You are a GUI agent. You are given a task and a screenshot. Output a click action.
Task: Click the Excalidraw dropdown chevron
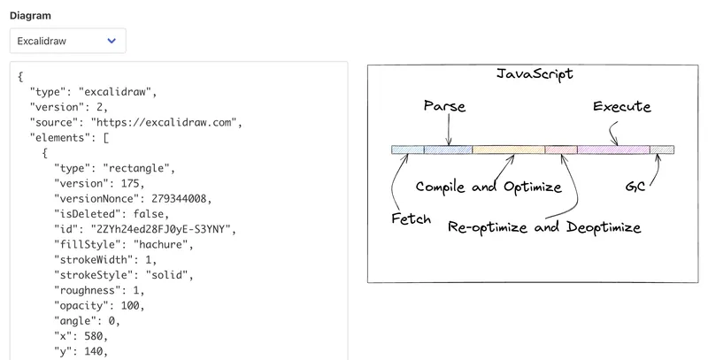(112, 41)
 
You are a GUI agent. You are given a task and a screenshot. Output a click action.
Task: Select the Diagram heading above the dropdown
(30, 16)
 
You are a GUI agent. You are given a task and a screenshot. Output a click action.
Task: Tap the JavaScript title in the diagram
(535, 74)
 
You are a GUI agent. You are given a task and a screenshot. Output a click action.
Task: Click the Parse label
(445, 106)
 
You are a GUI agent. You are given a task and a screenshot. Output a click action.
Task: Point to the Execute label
(622, 106)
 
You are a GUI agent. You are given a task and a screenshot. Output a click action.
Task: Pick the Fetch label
(411, 218)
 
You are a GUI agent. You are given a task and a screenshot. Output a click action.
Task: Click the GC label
(635, 187)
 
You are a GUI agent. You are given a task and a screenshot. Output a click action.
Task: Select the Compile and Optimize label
(489, 187)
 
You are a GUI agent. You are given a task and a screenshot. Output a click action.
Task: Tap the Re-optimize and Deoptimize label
(544, 227)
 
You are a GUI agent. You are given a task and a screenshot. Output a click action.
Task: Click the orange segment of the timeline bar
(508, 149)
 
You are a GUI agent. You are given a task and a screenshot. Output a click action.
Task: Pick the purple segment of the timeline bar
(613, 149)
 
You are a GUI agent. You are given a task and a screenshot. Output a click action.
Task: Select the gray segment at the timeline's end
(662, 149)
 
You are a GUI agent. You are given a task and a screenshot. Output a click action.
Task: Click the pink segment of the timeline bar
(561, 149)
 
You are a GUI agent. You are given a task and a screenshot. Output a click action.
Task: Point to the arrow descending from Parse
(449, 129)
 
